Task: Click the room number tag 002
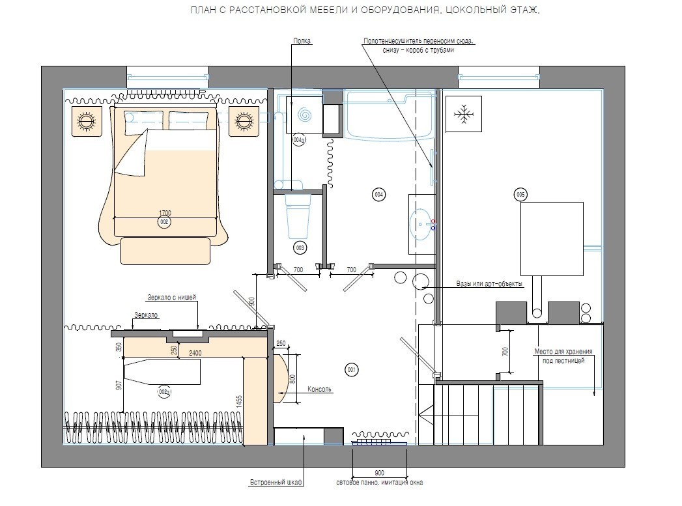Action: point(164,222)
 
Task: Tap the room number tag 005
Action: point(520,195)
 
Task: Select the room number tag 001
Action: point(352,370)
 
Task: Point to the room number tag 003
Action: point(300,247)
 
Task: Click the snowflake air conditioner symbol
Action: point(464,114)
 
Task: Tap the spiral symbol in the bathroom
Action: point(304,115)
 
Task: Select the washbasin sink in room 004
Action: point(421,224)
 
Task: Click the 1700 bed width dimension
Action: point(165,213)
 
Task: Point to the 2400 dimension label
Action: point(195,353)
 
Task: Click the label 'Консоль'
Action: point(319,389)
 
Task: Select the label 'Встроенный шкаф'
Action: point(276,483)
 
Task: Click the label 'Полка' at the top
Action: point(302,41)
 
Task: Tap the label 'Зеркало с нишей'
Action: point(172,298)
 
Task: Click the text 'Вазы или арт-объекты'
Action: point(489,283)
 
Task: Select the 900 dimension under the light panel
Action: point(379,473)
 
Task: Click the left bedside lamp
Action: point(86,120)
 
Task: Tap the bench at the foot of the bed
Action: point(165,250)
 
